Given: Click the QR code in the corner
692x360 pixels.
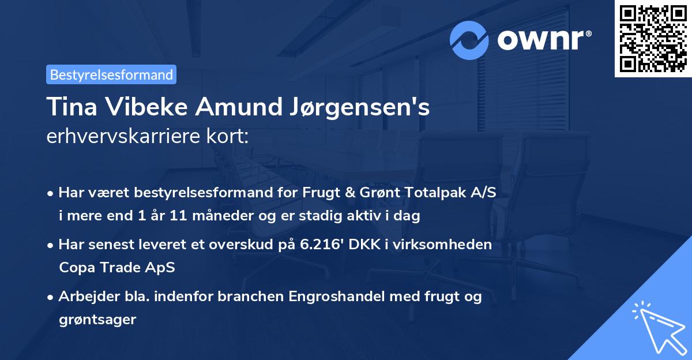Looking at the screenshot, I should pos(653,38).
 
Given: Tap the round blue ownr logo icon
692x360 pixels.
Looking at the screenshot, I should pos(469,40).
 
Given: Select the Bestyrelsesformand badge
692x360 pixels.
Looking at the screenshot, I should pos(111,74).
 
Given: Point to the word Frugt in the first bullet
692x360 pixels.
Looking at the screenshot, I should pos(319,193).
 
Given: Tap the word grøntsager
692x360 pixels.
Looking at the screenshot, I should pos(97,319).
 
